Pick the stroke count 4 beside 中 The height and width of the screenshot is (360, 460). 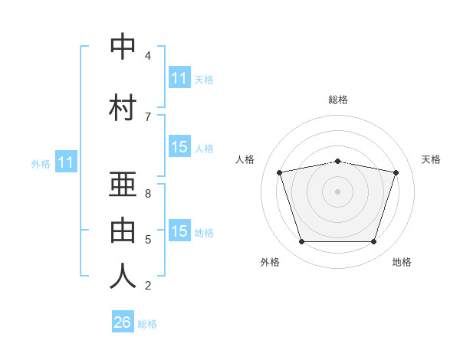coord(147,56)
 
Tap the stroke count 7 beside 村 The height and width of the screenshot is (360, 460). coord(147,116)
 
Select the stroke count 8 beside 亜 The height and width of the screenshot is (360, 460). coord(147,194)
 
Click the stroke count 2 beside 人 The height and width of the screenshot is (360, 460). coord(147,286)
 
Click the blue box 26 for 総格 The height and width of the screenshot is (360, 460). coord(123,322)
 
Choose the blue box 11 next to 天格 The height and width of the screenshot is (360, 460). coord(179,78)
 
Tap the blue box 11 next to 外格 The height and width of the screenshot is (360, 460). coord(65,162)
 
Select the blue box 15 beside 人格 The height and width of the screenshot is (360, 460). coord(179,147)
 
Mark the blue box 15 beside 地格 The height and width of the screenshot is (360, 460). coord(179,231)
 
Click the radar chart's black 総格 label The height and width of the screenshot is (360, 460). coord(338,100)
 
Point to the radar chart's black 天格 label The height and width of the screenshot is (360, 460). coord(431,159)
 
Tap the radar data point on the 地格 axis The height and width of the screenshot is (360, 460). coord(373,242)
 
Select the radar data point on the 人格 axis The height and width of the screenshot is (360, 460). coord(280,173)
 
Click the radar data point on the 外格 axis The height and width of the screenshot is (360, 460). coord(301,242)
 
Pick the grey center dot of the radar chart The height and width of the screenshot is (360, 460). coord(337,191)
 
